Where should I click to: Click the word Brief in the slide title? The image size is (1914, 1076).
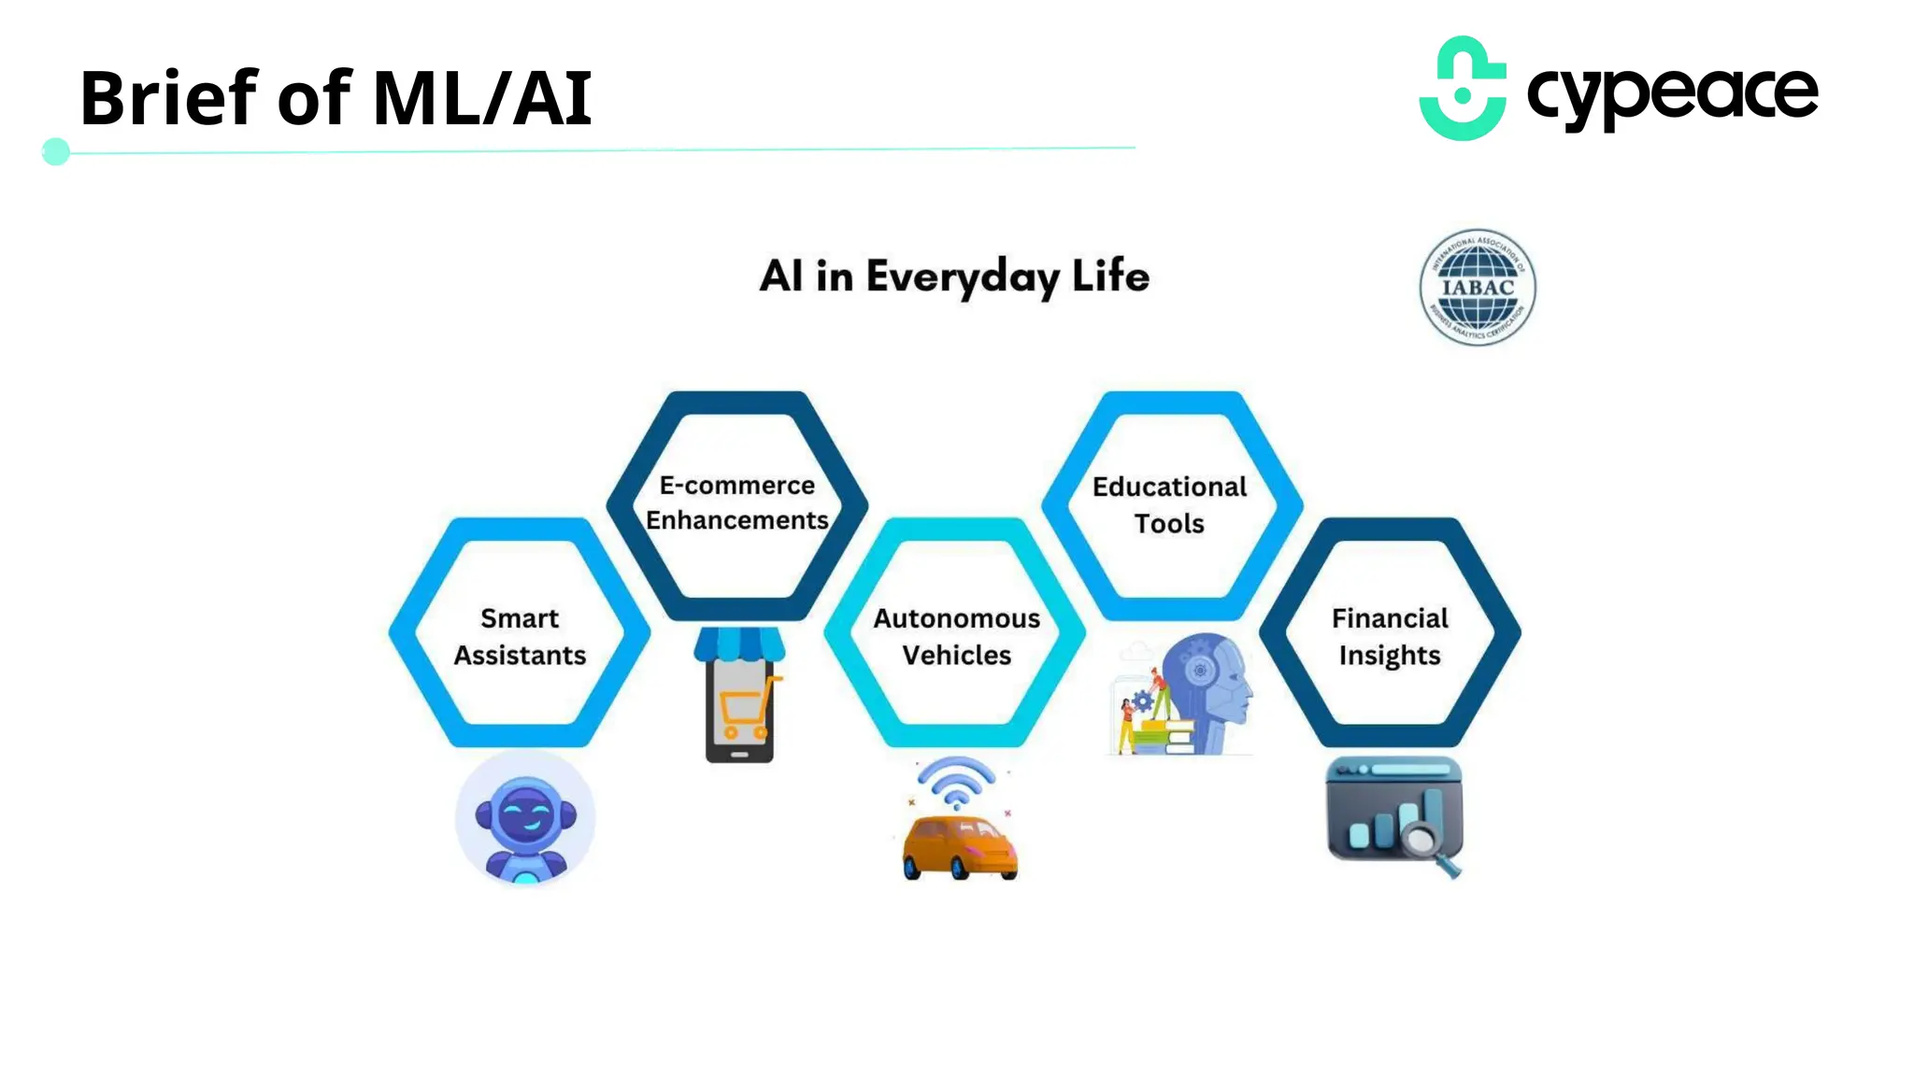coord(168,98)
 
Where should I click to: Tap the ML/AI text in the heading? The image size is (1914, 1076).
coord(482,98)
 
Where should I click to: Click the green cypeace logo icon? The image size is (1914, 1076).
coord(1463,90)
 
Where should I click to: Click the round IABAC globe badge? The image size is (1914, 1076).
coord(1477,288)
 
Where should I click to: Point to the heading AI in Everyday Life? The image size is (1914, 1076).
coord(954,276)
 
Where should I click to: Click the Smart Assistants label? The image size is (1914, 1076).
coord(520,636)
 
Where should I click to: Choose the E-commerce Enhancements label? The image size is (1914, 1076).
coord(737,503)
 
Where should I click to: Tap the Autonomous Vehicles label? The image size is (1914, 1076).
coord(956,636)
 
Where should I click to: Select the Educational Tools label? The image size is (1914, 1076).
coord(1169,504)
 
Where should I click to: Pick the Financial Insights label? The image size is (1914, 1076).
coord(1390,636)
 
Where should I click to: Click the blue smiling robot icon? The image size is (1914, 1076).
coord(525,820)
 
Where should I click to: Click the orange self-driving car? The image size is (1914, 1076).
coord(959,846)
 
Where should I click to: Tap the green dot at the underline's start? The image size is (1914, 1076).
coord(56,151)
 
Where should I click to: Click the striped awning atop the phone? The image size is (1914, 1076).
coord(739,644)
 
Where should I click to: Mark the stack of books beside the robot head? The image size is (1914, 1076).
coord(1167,736)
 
